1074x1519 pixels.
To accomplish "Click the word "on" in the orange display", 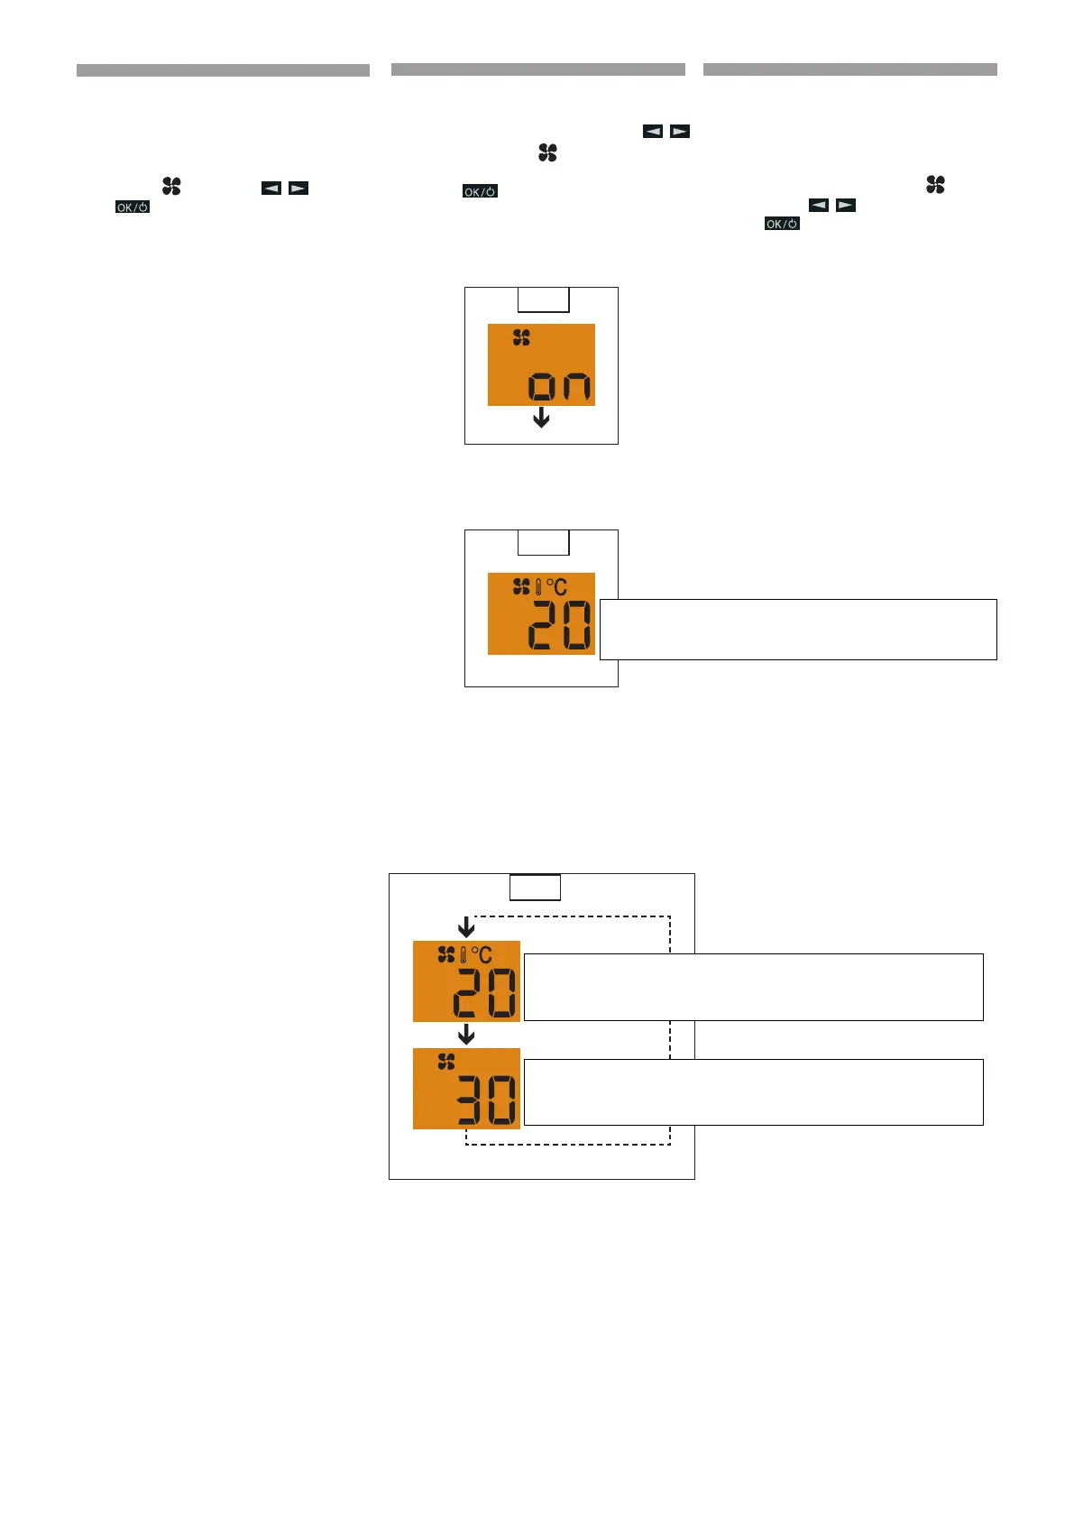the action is [x=560, y=386].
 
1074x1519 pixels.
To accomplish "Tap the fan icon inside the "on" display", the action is [x=521, y=338].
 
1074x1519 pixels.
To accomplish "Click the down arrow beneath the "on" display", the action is [x=541, y=417].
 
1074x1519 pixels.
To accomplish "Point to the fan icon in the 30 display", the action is [x=446, y=1062].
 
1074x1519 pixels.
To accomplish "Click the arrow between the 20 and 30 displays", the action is [x=466, y=1034].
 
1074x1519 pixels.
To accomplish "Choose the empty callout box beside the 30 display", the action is [x=753, y=1092].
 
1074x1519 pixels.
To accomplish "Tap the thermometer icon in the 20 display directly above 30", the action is [x=464, y=954].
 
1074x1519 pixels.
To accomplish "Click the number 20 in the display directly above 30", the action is [x=485, y=993].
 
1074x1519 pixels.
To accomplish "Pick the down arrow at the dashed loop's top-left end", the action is [x=466, y=926].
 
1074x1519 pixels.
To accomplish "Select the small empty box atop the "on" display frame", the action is [x=543, y=299].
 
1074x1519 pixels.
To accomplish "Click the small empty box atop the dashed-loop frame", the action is [x=535, y=888].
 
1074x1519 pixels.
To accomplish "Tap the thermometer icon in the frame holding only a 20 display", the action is [x=538, y=587].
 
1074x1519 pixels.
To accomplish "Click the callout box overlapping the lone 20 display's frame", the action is [x=798, y=629].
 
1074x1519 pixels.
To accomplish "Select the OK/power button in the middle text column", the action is [x=480, y=191].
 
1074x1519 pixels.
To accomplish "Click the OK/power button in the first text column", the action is [x=132, y=207].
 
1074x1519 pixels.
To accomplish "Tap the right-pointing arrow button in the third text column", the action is [x=846, y=205].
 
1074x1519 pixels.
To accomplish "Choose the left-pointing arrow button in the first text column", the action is [x=271, y=188].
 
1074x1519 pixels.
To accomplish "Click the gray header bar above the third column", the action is [x=849, y=69].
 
